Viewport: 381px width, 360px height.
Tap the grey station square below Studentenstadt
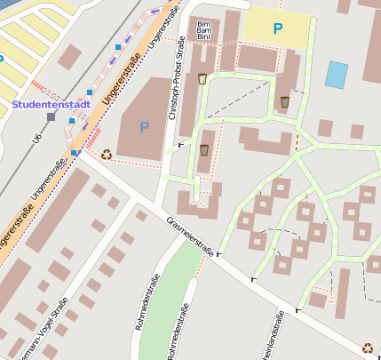tap(52, 116)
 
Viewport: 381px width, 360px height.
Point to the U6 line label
tap(37, 137)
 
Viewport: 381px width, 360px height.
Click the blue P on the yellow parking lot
tap(278, 28)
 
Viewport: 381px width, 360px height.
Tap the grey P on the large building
tap(145, 127)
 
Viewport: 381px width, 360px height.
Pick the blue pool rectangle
tap(337, 74)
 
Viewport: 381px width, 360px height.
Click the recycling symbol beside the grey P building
tap(107, 154)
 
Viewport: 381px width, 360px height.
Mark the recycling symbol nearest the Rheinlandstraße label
tap(367, 348)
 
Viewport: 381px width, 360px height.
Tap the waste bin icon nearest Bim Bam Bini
tap(203, 79)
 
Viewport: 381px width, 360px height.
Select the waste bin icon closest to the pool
tap(284, 101)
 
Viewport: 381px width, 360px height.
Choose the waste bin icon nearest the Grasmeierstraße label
tap(204, 149)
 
